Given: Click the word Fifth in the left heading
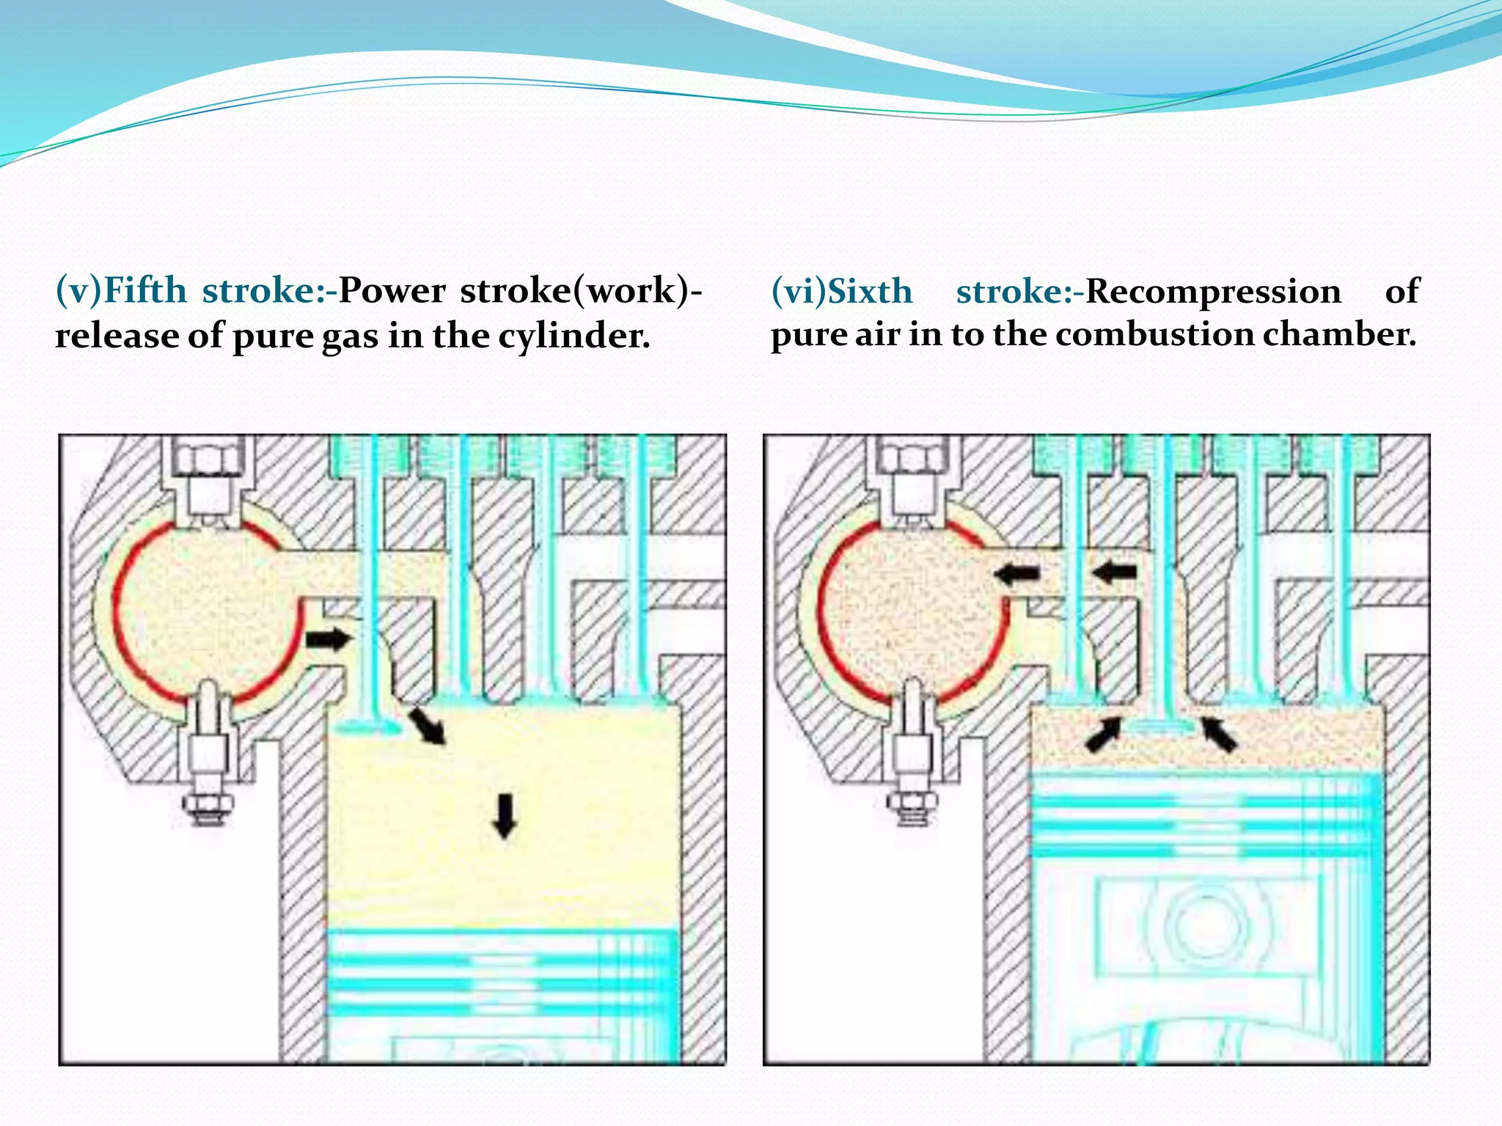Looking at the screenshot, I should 145,290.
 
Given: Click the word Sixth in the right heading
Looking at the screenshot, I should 870,291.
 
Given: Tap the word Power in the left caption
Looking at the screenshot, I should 392,290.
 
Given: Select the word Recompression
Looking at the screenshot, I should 1213,291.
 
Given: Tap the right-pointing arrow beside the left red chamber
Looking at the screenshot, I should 328,639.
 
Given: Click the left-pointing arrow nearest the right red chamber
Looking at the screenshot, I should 1017,573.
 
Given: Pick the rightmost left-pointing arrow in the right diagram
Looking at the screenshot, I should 1114,571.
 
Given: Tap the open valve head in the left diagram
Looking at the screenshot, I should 367,728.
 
